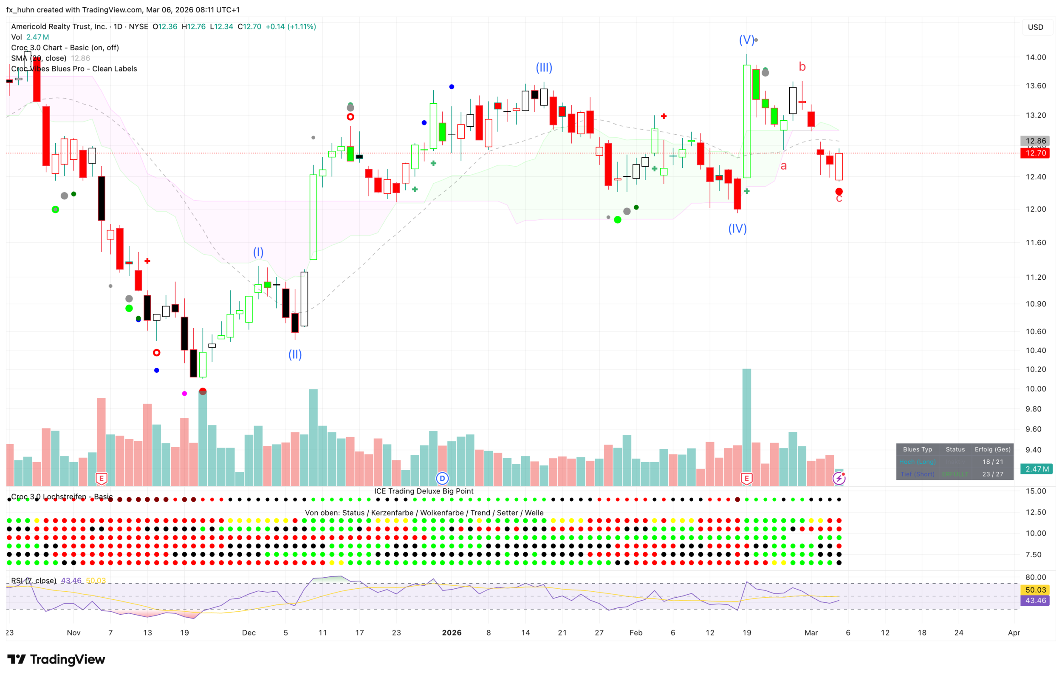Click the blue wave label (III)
click(x=544, y=68)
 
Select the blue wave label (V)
click(x=746, y=40)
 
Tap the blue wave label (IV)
click(x=737, y=229)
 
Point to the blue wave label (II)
click(x=295, y=355)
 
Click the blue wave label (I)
click(x=258, y=252)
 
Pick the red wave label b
click(x=802, y=67)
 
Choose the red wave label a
click(x=784, y=166)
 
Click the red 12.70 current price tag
click(x=1035, y=153)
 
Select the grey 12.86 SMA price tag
click(x=1035, y=141)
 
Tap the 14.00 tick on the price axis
click(x=1036, y=57)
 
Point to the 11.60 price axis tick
click(x=1036, y=243)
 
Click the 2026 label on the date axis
click(x=452, y=633)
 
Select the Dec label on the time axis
click(x=249, y=633)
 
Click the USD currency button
click(x=1036, y=27)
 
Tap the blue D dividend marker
click(x=442, y=478)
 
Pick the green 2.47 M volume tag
click(x=1037, y=469)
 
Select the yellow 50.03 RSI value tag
click(x=1035, y=590)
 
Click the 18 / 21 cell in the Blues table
click(x=992, y=462)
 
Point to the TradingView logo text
click(x=67, y=659)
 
